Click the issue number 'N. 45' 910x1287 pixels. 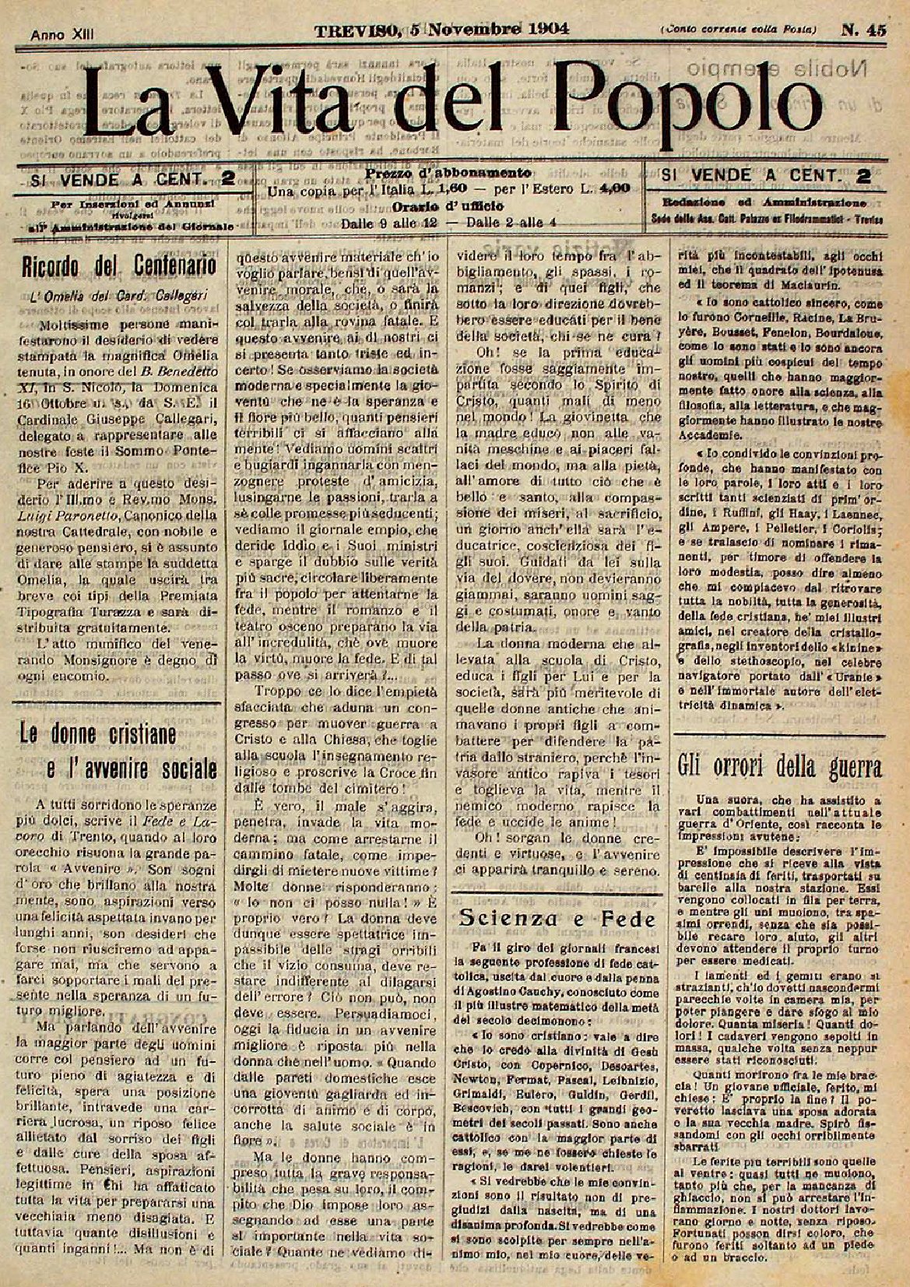pos(863,30)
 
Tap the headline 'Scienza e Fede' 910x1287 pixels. pos(557,918)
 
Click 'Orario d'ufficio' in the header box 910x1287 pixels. pos(449,206)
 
